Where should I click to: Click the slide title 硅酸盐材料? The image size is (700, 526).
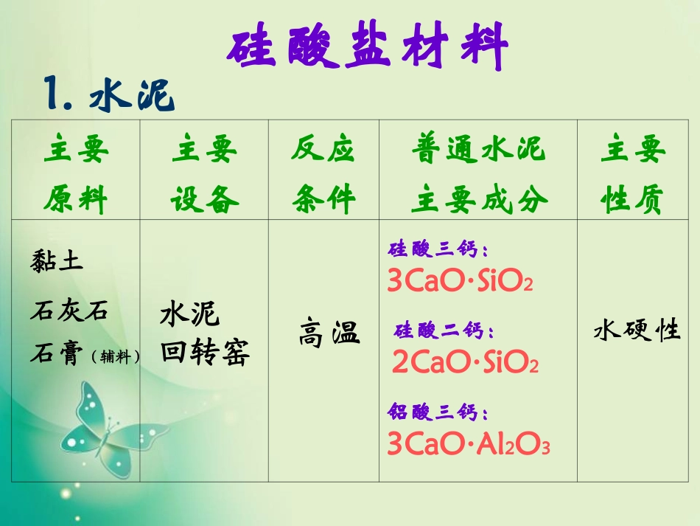[x=367, y=46]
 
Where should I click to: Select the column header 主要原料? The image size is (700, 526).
[x=75, y=174]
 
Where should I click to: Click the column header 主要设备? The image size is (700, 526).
[x=204, y=174]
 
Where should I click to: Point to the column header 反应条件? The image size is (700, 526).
[x=323, y=174]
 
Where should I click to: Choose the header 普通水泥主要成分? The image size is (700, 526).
[x=479, y=174]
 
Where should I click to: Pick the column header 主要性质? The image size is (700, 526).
[x=633, y=174]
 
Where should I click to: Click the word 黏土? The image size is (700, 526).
[x=57, y=260]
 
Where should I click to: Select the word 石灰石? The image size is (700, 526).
[x=69, y=311]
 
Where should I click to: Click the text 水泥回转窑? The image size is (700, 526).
[x=204, y=333]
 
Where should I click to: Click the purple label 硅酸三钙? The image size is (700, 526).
[x=438, y=251]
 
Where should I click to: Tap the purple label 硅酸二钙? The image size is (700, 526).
[x=444, y=331]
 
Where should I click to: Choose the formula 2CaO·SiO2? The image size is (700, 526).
[x=465, y=362]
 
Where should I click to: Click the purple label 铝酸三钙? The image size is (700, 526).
[x=438, y=412]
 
